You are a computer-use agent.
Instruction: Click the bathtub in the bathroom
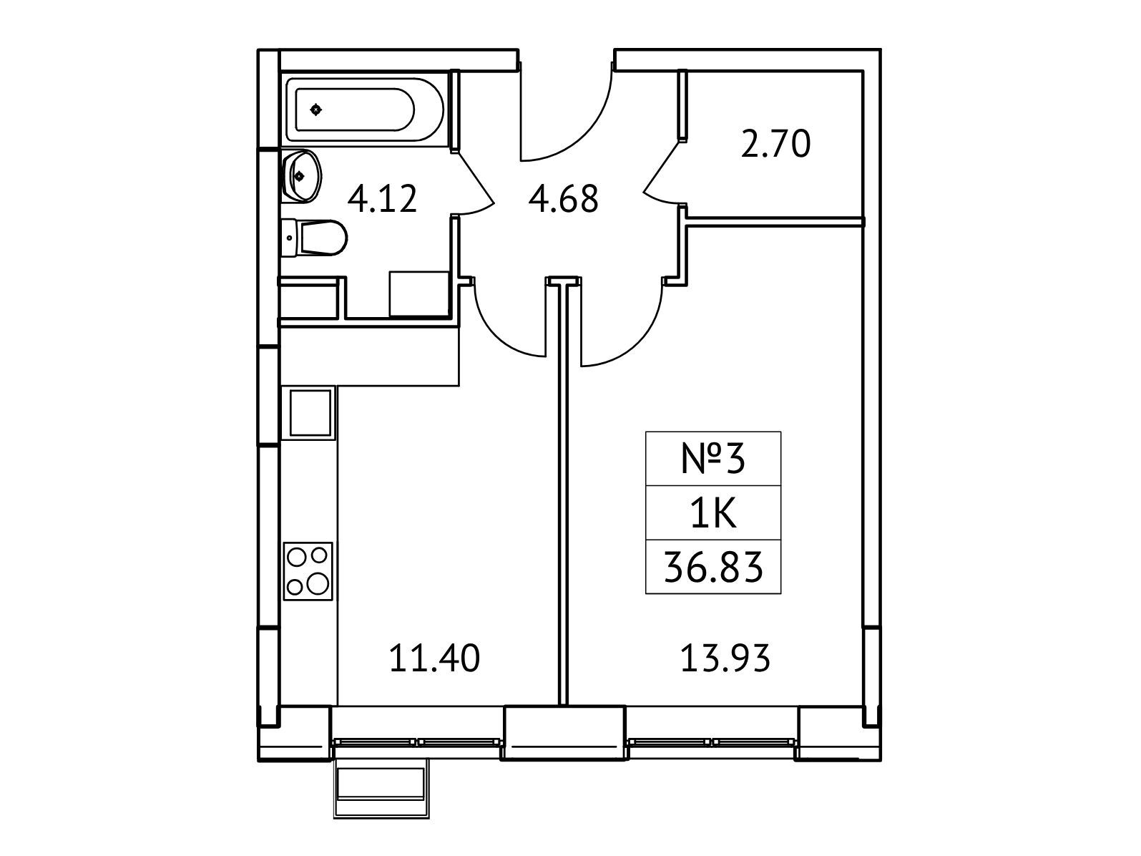(x=364, y=110)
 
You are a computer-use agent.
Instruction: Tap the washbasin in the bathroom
(x=301, y=176)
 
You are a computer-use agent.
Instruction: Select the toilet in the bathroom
(x=313, y=237)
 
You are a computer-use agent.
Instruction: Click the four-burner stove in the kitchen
(x=308, y=572)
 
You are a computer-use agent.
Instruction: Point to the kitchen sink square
(x=310, y=413)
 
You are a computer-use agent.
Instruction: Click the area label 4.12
(x=382, y=199)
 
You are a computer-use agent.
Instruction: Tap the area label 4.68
(x=564, y=199)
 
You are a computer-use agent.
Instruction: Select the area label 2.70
(x=775, y=144)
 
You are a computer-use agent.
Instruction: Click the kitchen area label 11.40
(x=434, y=658)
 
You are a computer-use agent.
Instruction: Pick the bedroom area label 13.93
(x=725, y=658)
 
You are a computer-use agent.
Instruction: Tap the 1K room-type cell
(x=713, y=513)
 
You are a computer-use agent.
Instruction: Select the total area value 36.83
(x=713, y=568)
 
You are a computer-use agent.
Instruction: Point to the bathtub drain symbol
(x=316, y=110)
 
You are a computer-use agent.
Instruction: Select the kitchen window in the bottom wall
(x=417, y=742)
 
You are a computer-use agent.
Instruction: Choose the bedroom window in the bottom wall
(x=712, y=742)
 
